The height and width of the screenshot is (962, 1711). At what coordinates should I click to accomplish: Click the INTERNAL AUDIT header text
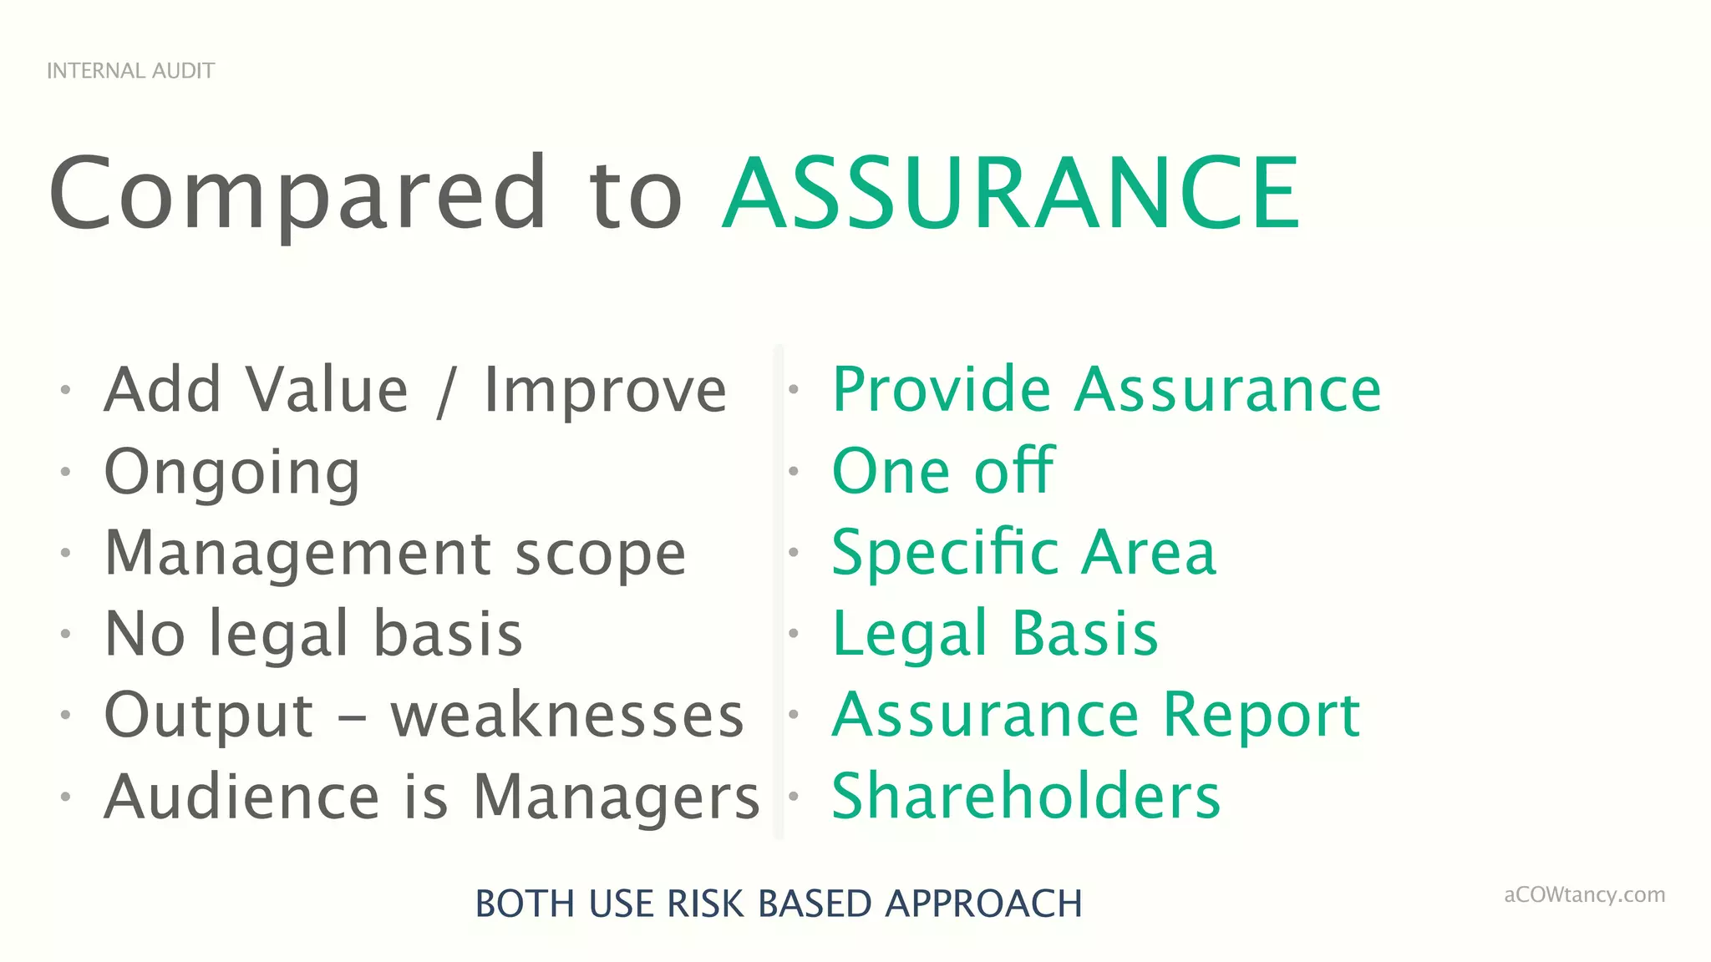coord(130,71)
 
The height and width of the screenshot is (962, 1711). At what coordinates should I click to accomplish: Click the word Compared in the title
coord(297,194)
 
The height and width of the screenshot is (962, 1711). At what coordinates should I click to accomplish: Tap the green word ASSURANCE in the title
coord(1011,194)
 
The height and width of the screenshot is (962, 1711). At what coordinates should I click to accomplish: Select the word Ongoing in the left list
coord(232,473)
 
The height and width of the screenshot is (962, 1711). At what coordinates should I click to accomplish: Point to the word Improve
coord(606,391)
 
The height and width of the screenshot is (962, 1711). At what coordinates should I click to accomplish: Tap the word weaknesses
coord(567,716)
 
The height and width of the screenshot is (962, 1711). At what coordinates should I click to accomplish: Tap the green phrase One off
coord(943,471)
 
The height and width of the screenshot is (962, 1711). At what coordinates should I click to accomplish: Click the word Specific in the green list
coord(945,554)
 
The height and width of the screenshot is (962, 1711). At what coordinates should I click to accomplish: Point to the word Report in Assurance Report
coord(1262,716)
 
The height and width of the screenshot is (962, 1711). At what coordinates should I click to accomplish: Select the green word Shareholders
coord(1026,797)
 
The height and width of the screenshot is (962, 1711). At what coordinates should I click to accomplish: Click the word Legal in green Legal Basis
coord(910,635)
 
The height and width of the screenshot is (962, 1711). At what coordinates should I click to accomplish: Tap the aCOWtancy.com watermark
coord(1584,895)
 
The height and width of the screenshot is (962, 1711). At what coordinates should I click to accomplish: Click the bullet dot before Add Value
coord(65,390)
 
